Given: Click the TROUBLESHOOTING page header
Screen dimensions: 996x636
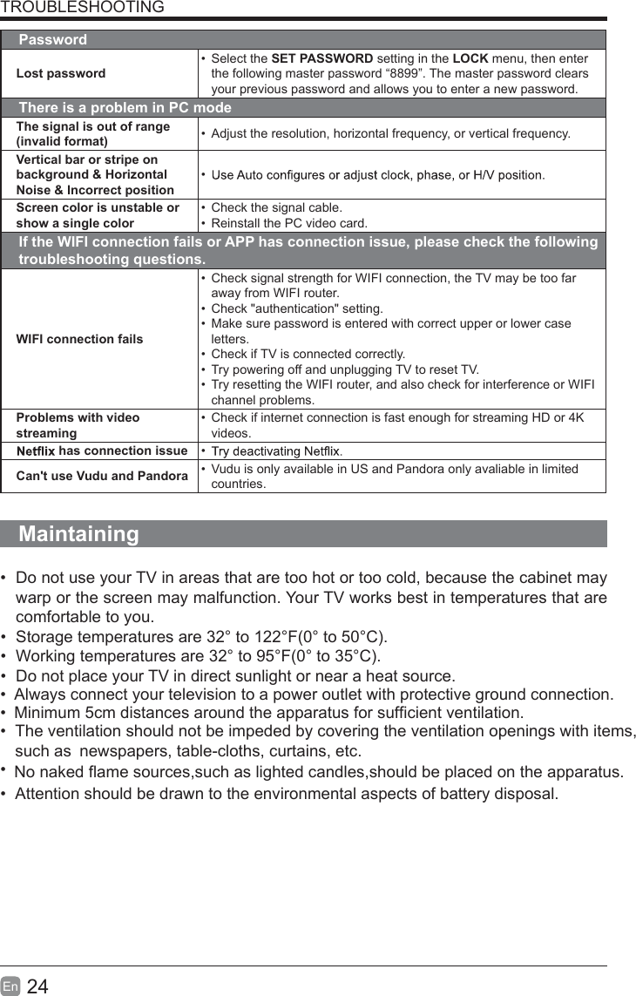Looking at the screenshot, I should pos(82,8).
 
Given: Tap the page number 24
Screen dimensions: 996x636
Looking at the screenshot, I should pos(37,986).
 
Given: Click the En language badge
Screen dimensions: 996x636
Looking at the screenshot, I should pos(10,986).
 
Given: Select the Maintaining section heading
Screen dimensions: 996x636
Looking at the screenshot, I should pos(78,533).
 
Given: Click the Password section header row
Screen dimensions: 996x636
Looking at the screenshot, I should pos(53,40).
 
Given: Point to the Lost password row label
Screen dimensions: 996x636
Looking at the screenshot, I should pos(61,73).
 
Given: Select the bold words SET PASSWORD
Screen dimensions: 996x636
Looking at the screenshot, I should pos(322,58).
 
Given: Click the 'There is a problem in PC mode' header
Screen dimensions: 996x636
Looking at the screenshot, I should pos(125,108).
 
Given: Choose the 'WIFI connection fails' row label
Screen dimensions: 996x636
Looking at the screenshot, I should pos(79,338).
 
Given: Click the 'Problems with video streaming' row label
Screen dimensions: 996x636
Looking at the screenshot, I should pos(78,424).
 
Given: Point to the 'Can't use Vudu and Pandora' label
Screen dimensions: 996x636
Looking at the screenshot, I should pos(102,476).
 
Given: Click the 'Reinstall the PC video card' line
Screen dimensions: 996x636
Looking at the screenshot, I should pos(289,223).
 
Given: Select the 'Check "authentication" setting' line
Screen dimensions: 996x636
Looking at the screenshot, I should pos(297,308).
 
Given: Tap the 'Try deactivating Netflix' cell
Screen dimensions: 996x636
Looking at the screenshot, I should pos(277,451).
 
